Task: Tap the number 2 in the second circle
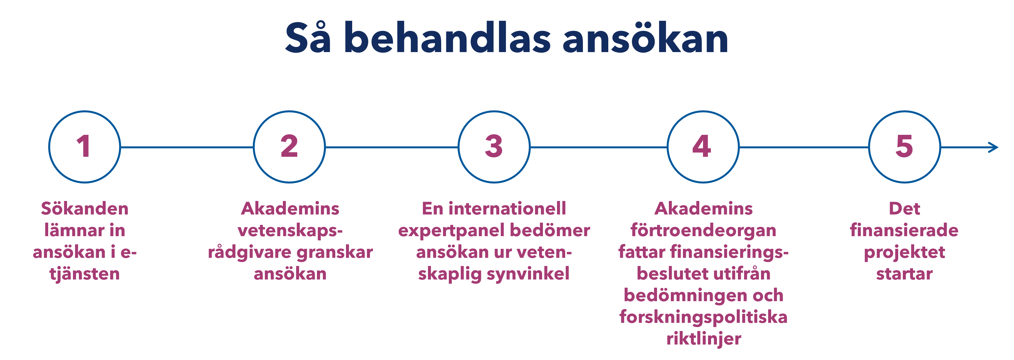289,146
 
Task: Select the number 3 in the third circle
494,146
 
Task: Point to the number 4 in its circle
702,146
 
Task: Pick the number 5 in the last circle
904,146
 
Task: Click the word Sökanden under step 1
85,209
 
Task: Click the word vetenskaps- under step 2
290,231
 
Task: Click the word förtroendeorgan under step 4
704,231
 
